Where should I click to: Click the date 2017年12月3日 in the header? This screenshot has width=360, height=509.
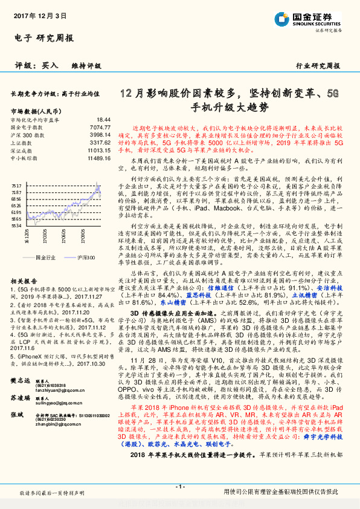(x=40, y=17)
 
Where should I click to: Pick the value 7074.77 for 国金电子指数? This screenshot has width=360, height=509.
(x=100, y=128)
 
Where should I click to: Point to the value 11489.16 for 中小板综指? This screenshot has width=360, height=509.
(x=98, y=157)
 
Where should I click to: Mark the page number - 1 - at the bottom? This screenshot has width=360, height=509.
(x=179, y=487)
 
